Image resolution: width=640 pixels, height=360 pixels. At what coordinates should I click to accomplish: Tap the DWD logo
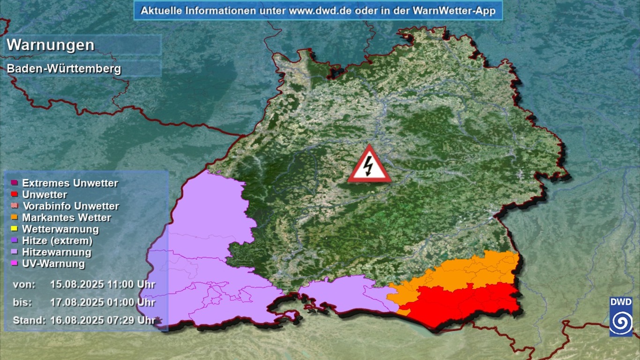(x=620, y=316)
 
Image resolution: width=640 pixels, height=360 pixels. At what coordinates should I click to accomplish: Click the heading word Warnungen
(x=51, y=45)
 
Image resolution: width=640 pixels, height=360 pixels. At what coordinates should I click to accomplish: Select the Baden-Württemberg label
(x=64, y=69)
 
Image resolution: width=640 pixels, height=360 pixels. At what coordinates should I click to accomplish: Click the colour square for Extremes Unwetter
(x=14, y=183)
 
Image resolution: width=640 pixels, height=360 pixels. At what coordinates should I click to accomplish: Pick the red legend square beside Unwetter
(x=14, y=195)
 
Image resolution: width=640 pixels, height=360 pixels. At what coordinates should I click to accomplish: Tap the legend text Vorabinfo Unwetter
(x=70, y=206)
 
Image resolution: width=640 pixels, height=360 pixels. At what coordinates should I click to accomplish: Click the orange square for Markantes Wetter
(x=14, y=217)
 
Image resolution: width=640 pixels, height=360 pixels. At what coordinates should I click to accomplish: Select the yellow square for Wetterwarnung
(x=14, y=229)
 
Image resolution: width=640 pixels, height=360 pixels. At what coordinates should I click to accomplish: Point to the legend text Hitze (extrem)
(x=57, y=241)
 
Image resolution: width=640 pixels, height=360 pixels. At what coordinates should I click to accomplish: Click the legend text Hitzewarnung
(x=57, y=252)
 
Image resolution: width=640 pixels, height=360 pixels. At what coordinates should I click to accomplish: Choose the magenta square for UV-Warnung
(x=14, y=264)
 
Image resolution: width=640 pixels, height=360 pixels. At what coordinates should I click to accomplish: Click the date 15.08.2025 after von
(x=72, y=284)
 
